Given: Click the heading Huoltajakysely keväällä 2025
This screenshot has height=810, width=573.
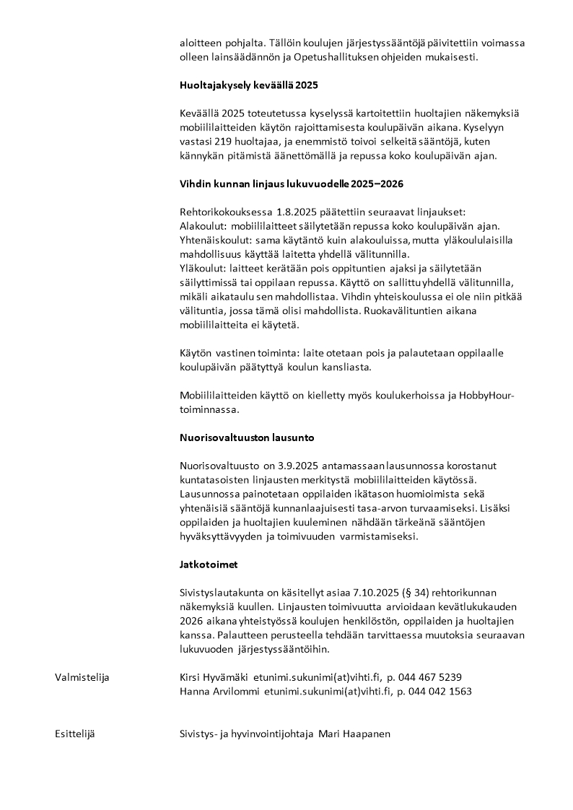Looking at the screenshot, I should tap(249, 85).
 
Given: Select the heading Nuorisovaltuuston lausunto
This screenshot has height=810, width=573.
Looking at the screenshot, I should tap(247, 437).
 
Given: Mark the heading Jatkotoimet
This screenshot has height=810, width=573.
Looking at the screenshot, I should tap(209, 565).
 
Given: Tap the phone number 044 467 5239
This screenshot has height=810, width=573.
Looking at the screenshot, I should tap(429, 677).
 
